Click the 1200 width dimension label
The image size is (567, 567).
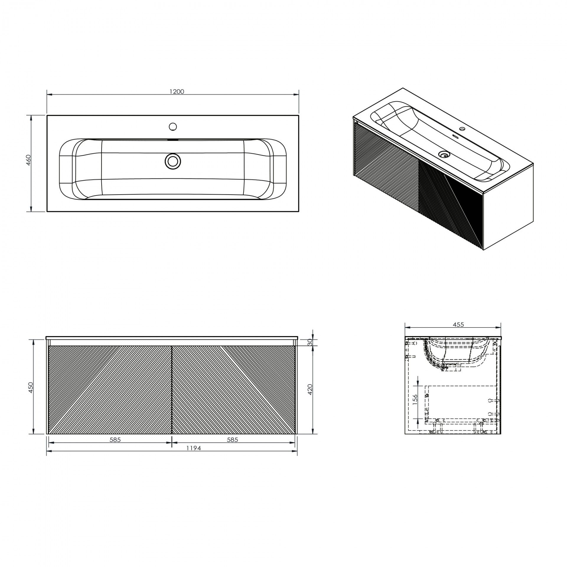[177, 92]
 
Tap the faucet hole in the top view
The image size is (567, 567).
[173, 127]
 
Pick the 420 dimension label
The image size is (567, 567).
[310, 390]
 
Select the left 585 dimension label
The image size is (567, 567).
[115, 440]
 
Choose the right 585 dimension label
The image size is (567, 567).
[232, 440]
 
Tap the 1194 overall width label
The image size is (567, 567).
[193, 448]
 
